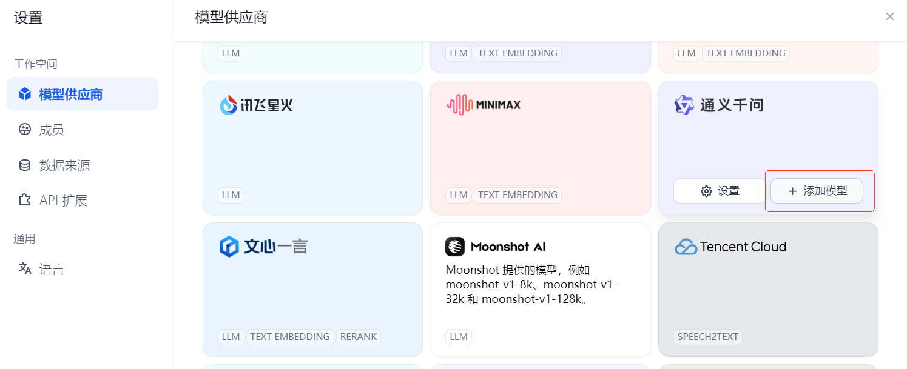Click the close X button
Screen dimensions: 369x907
(890, 16)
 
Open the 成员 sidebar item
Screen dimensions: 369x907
(52, 130)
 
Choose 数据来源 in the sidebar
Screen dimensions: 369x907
(64, 165)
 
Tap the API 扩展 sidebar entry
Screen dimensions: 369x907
(63, 201)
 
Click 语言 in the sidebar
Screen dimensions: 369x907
(52, 269)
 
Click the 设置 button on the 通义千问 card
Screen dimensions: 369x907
(720, 191)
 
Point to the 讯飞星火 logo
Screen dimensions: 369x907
(256, 105)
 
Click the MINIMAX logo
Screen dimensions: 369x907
(483, 105)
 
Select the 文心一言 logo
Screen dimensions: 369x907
(263, 247)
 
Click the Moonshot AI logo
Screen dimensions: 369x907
(495, 247)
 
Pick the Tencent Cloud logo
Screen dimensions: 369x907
(730, 247)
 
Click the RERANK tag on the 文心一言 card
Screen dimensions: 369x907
(359, 337)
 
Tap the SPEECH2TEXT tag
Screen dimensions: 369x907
(708, 337)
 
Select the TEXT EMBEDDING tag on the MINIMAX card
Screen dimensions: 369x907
(518, 195)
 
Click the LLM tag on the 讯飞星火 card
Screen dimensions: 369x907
(231, 195)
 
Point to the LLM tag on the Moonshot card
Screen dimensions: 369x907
(459, 337)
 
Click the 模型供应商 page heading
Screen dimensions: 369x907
(231, 17)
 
